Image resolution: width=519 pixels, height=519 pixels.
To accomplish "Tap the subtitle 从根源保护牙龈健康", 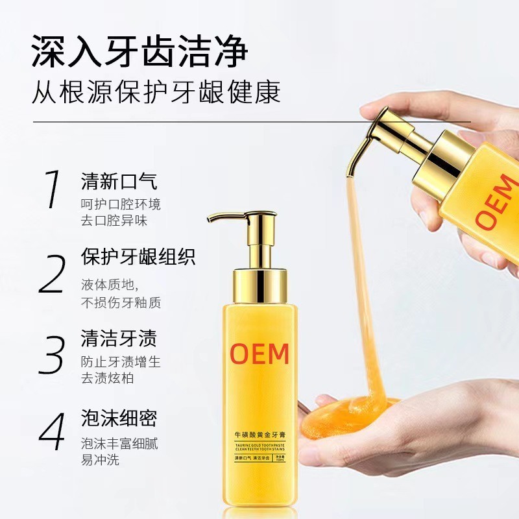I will click(156, 91).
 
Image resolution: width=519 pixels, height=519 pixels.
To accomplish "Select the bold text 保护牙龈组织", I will click(138, 256).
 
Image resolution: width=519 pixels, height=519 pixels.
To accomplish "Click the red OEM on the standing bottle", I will click(259, 354).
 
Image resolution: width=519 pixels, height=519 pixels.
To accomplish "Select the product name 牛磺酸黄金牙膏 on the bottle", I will click(260, 430).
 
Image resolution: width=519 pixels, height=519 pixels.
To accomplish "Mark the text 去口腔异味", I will click(114, 221).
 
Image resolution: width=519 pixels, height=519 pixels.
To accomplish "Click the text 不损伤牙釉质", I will click(121, 302).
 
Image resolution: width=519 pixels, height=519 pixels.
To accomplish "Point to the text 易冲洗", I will click(100, 461).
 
